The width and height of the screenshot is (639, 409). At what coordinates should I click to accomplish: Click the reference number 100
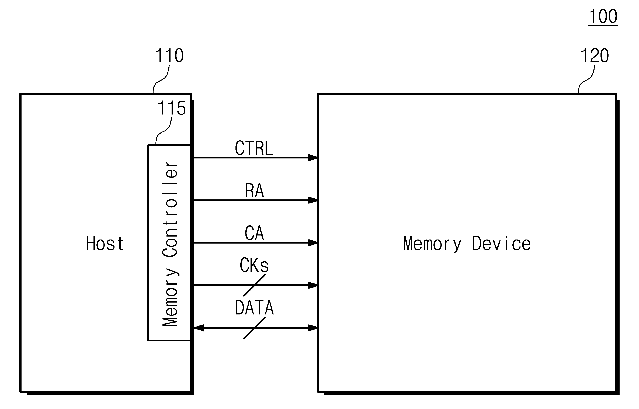(603, 16)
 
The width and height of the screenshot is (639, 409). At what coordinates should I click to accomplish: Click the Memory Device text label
(467, 244)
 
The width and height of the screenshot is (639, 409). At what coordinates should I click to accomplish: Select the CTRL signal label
(254, 148)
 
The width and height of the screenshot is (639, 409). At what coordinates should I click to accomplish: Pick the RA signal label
(254, 191)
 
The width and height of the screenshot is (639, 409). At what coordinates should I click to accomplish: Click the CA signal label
(254, 233)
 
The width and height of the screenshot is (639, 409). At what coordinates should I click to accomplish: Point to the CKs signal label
(254, 265)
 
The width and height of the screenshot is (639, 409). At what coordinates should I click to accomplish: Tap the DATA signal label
(254, 308)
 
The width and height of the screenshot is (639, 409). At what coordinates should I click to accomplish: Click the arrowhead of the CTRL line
(313, 158)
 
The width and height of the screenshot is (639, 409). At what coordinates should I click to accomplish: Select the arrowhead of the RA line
(313, 200)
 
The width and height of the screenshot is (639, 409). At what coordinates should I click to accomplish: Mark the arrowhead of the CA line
(313, 243)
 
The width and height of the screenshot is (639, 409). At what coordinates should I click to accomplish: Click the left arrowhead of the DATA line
(199, 328)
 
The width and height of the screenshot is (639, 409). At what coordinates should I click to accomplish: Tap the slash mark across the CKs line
(254, 285)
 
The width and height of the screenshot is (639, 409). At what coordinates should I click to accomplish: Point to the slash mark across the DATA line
(254, 328)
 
